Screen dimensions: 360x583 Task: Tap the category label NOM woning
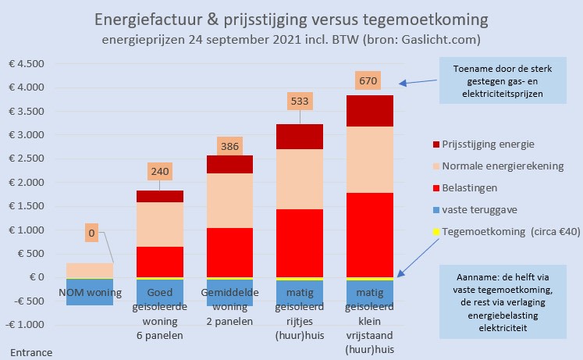(90, 293)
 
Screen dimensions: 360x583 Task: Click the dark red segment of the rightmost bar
(370, 110)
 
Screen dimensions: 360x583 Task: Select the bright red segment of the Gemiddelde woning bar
(229, 252)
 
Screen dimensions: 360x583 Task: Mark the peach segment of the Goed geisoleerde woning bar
(160, 224)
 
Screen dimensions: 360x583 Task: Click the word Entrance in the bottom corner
(31, 352)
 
